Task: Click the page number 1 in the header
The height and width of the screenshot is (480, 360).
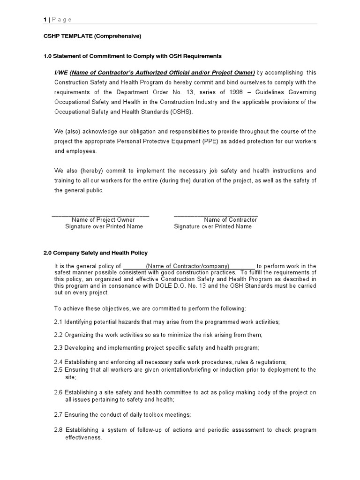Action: (45, 19)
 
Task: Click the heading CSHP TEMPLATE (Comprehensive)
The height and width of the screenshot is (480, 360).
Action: (92, 36)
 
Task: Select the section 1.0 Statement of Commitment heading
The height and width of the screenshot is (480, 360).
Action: (132, 56)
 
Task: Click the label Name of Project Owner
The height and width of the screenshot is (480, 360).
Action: (103, 219)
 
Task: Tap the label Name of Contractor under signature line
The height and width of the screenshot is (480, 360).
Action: (230, 219)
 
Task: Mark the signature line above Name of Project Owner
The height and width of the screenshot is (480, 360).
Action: (100, 215)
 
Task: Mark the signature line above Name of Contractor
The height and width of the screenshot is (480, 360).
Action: (216, 215)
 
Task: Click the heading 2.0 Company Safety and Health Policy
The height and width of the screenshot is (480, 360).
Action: (96, 253)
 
